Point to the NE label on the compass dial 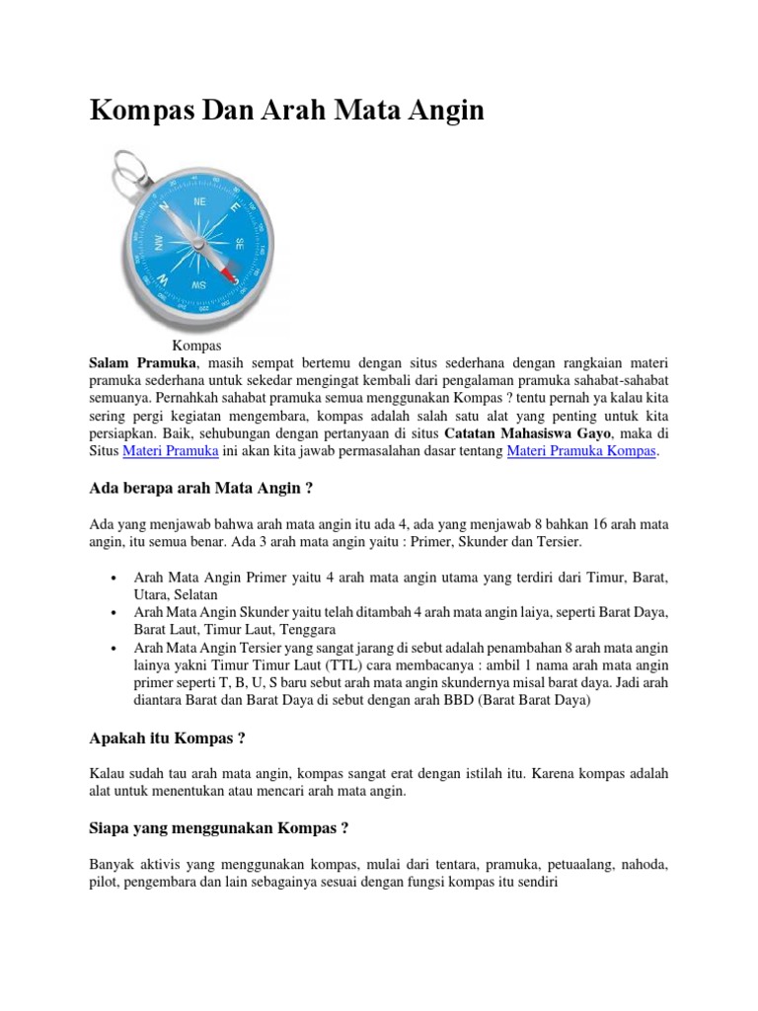point(200,200)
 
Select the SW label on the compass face point(198,286)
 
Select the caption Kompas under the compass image point(196,346)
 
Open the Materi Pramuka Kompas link point(581,451)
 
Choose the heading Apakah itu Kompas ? point(167,738)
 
